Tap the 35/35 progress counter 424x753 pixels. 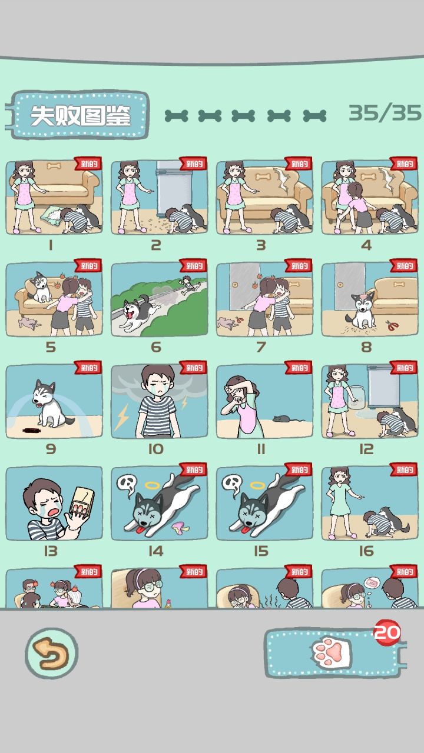(x=385, y=113)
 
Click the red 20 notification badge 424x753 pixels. (x=387, y=632)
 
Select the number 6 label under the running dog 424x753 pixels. (x=156, y=347)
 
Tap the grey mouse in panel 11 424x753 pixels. (x=283, y=418)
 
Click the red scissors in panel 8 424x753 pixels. (x=392, y=325)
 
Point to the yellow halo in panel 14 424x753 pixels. (x=153, y=485)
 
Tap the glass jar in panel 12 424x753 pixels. (x=357, y=397)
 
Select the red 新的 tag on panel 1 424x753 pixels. (x=88, y=164)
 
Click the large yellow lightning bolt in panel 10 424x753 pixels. (x=122, y=417)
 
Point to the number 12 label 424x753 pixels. (x=366, y=449)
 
